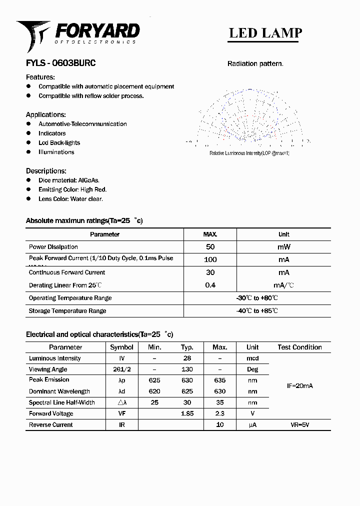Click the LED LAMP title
(265, 33)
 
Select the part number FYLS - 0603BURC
(60, 63)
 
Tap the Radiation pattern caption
(255, 63)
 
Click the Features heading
(40, 77)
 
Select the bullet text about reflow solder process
(91, 96)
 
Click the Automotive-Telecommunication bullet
(82, 124)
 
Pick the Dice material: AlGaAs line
(69, 180)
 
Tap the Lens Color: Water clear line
(70, 199)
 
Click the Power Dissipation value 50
(210, 247)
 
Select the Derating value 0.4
(210, 285)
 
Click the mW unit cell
(283, 247)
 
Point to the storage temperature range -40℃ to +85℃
(257, 311)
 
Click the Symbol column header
(121, 347)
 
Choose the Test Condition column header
(299, 347)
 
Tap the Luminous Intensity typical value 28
(187, 358)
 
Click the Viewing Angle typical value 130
(187, 369)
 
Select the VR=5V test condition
(300, 425)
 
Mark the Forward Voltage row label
(51, 414)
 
